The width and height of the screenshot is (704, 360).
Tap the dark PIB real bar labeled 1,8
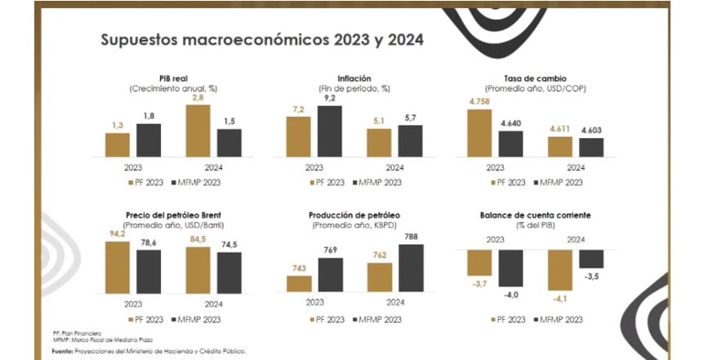pos(148,140)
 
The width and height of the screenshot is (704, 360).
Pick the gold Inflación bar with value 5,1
pos(379,142)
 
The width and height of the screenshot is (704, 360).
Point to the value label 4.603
pos(591,129)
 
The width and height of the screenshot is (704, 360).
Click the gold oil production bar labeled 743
pos(300,282)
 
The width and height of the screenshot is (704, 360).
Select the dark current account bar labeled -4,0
pos(510,267)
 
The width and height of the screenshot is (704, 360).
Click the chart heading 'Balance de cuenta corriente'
pos(534,216)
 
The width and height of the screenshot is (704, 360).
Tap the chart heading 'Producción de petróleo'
pos(354,216)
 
